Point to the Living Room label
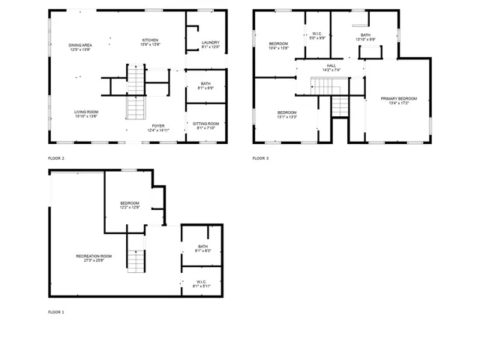pyautogui.click(x=86, y=113)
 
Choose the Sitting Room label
pyautogui.click(x=206, y=125)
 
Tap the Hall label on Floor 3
pyautogui.click(x=331, y=67)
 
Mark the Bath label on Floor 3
pyautogui.click(x=365, y=37)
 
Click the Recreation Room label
pyautogui.click(x=94, y=258)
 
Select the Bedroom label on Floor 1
pyautogui.click(x=130, y=205)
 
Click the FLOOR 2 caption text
pyautogui.click(x=56, y=158)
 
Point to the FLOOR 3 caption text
pyautogui.click(x=259, y=158)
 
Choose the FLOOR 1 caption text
pyautogui.click(x=56, y=311)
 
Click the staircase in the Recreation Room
pyautogui.click(x=134, y=261)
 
